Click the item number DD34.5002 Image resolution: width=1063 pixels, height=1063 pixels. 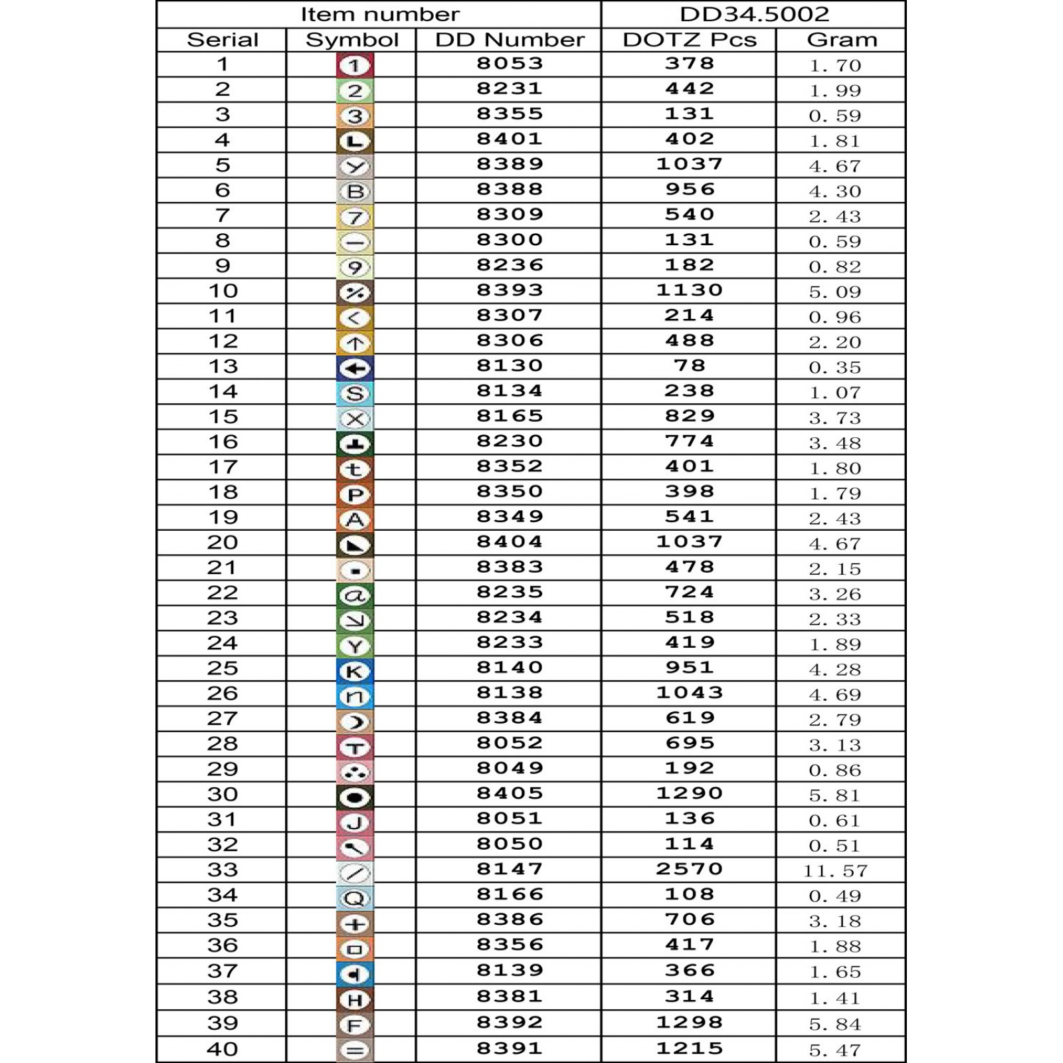(x=754, y=14)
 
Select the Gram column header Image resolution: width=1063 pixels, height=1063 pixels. (x=842, y=40)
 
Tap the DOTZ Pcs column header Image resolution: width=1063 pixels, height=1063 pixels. (x=689, y=40)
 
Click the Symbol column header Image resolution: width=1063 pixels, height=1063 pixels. (x=351, y=40)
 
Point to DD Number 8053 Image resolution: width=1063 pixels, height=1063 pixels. (x=510, y=64)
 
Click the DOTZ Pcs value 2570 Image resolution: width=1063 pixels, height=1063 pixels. (x=689, y=869)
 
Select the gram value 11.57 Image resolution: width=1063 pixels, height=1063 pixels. (x=835, y=871)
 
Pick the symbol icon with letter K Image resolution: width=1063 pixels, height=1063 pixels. (x=355, y=671)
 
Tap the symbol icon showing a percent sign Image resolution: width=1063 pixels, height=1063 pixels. (x=355, y=292)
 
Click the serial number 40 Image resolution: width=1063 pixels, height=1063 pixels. (x=222, y=1049)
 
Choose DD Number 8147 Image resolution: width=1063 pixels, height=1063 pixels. (x=510, y=869)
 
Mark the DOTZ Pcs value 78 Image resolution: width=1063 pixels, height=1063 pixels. (x=689, y=366)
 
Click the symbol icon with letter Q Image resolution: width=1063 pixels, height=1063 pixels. (x=355, y=898)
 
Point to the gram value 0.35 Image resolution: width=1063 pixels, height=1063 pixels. (x=835, y=367)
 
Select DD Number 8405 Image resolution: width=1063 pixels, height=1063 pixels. (x=510, y=793)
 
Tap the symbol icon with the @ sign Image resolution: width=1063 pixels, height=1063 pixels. (x=355, y=595)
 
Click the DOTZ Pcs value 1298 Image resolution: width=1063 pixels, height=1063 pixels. (x=689, y=1022)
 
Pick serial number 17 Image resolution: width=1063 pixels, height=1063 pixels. (x=222, y=467)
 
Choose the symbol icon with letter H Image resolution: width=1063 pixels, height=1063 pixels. (x=355, y=1000)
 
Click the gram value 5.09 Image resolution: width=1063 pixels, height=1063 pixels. (x=835, y=292)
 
